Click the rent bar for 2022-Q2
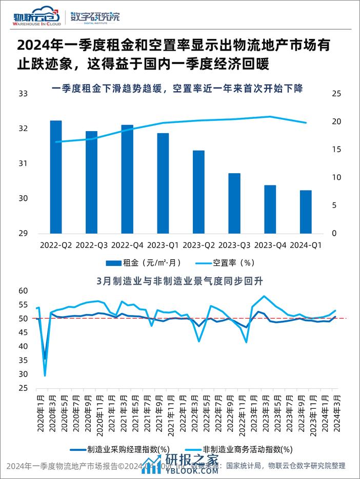point(56,177)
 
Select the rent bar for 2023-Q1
point(163,183)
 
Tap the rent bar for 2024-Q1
point(306,212)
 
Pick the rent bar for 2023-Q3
point(234,203)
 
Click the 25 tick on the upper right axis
point(336,94)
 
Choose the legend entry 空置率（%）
point(226,263)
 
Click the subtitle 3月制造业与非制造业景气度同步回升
point(179,280)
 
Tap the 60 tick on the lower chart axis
point(23,290)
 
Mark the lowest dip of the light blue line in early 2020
point(45,376)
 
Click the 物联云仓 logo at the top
point(37,18)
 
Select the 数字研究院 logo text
point(95,17)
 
